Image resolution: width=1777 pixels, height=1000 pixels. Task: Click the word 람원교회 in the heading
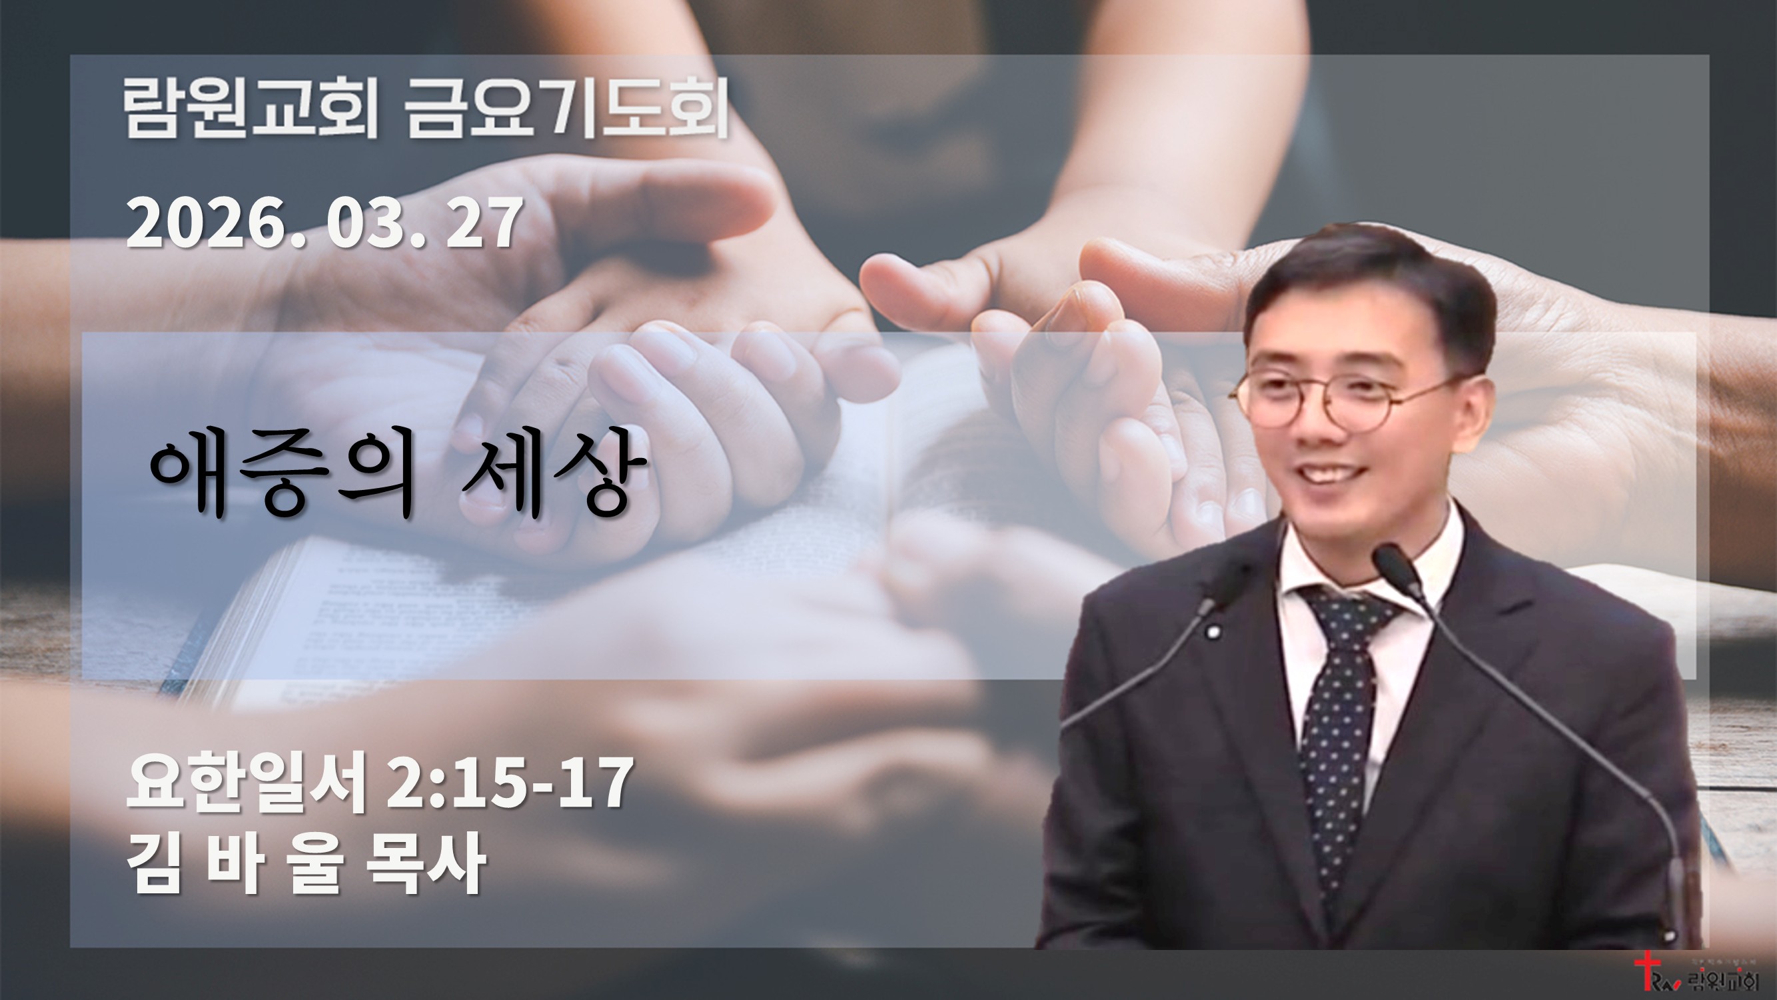coord(251,109)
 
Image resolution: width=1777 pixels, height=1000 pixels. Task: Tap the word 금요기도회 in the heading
coord(566,109)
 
